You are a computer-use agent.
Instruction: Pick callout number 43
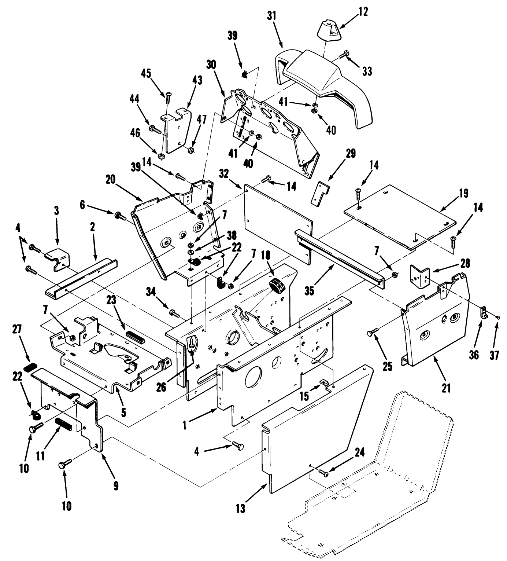[x=197, y=80]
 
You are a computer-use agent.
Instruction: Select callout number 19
[x=464, y=194]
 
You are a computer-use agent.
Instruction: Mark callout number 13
[x=241, y=507]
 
